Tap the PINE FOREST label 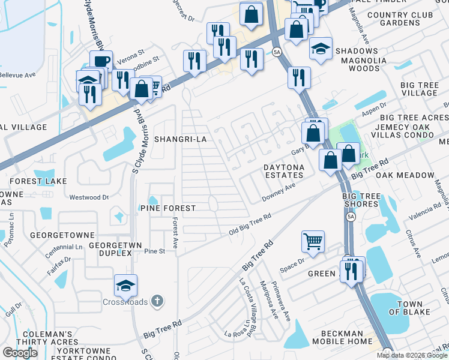[167, 208]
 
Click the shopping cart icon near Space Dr [313, 242]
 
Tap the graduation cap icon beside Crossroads [125, 286]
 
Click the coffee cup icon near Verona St [101, 61]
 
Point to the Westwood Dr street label [89, 197]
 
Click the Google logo [20, 353]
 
